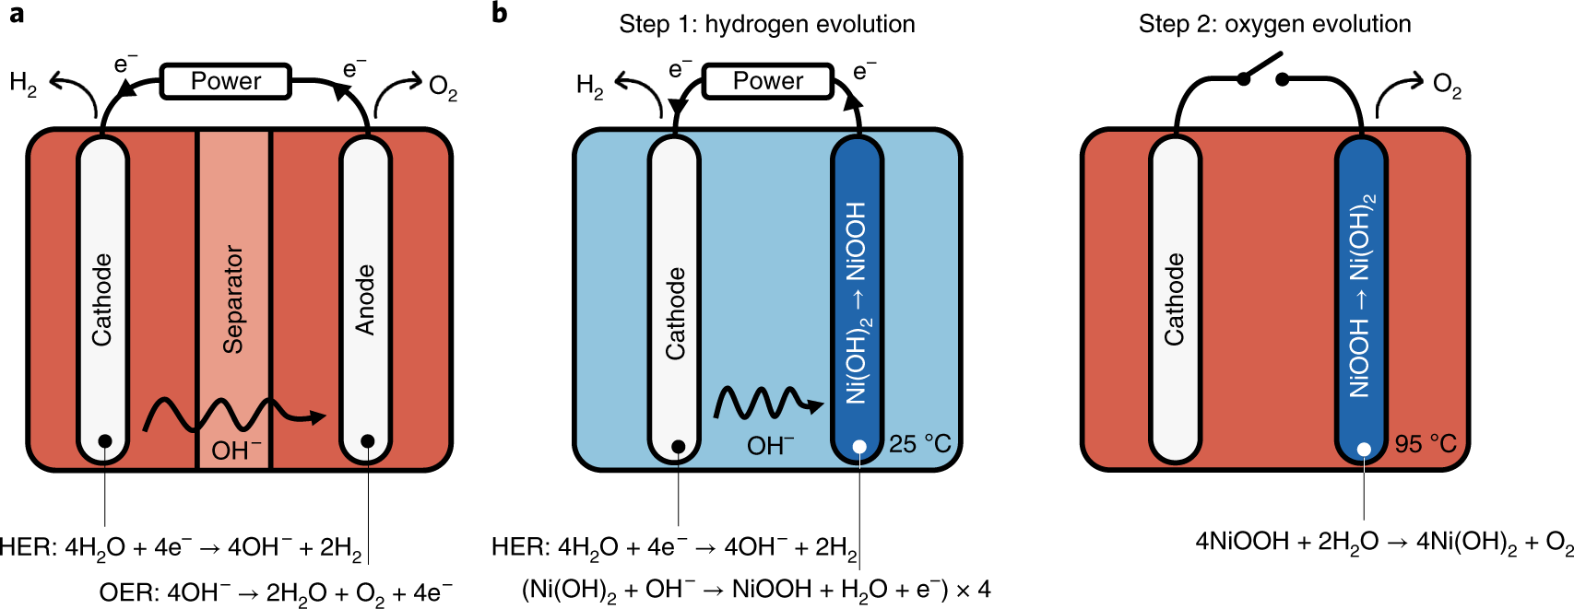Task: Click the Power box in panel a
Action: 226,81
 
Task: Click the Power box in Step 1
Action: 768,81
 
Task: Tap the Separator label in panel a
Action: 232,299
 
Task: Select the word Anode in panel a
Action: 365,300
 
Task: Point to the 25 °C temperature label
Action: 920,444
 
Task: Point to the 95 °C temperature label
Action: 1426,444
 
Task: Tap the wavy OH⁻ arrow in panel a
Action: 234,416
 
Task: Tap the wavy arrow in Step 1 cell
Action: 768,404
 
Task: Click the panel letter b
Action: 500,13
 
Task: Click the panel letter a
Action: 16,14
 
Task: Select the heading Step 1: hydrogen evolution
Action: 766,25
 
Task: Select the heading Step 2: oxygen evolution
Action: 1274,25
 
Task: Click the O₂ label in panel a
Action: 443,88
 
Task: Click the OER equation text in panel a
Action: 276,593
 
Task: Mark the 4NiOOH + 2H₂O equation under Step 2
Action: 1384,543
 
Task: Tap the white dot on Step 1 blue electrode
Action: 858,447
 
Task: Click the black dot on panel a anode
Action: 367,441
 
